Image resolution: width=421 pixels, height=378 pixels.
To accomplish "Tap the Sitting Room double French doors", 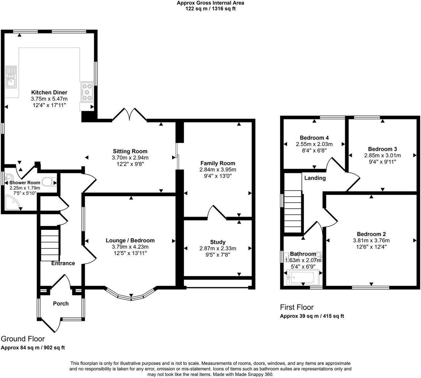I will (129, 114).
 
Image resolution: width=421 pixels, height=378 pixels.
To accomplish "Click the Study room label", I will (218, 242).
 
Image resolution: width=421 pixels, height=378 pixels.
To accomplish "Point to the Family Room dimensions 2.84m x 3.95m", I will (218, 170).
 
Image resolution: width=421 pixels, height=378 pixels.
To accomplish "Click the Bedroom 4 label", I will (314, 138).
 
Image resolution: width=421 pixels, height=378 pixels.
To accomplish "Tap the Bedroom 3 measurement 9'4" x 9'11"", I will (383, 162).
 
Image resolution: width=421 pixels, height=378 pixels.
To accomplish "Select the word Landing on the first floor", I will (315, 178).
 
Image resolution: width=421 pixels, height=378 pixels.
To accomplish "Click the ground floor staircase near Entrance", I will (50, 244).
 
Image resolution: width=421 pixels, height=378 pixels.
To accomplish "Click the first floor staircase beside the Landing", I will (293, 211).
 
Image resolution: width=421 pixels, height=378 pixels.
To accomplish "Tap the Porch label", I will (61, 303).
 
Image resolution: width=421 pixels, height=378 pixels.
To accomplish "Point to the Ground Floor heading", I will (23, 339).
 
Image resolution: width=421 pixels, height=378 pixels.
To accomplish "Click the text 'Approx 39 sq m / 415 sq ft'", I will (312, 316).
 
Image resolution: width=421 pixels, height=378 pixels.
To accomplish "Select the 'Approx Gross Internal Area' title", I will (210, 3).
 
